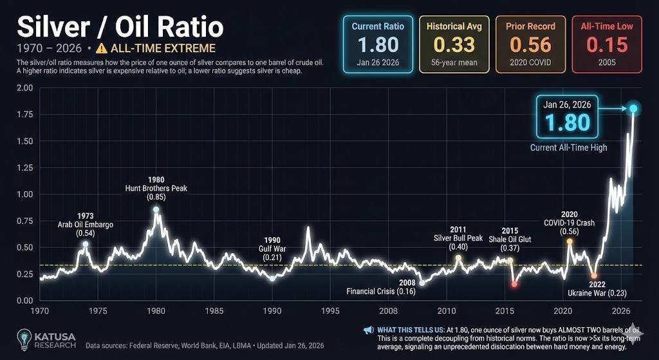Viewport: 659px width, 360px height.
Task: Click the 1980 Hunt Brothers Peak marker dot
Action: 156,210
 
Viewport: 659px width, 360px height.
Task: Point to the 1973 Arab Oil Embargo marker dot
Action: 86,244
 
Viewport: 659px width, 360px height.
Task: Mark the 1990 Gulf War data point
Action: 272,279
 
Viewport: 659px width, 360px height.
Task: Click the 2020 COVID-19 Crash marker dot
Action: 570,242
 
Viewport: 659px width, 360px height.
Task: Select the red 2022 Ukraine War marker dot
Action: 594,276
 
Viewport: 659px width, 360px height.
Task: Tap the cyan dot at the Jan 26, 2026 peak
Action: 634,109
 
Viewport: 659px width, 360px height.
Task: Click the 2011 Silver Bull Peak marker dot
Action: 458,258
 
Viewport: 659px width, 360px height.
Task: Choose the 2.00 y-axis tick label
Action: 26,88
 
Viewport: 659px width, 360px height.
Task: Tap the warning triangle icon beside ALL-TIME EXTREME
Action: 101,48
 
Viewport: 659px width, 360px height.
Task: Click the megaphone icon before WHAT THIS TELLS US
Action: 368,330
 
